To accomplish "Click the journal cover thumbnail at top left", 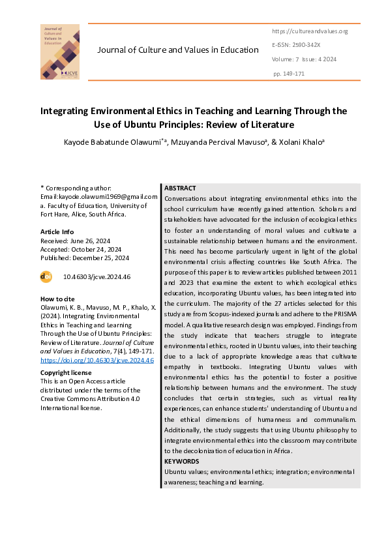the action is coord(60,52).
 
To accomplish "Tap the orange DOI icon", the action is coord(46,276).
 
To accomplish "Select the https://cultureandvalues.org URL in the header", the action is coord(309,31).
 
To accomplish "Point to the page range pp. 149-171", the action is coord(289,74).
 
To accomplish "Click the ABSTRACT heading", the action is coord(180,188).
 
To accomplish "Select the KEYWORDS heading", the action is coord(181,461).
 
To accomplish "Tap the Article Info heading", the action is coord(57,231).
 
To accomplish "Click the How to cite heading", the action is coord(57,299).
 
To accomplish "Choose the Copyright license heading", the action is coord(66,372).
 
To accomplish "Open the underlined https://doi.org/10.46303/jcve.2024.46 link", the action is coord(97,360).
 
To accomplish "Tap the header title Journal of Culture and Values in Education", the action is coord(178,50).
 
